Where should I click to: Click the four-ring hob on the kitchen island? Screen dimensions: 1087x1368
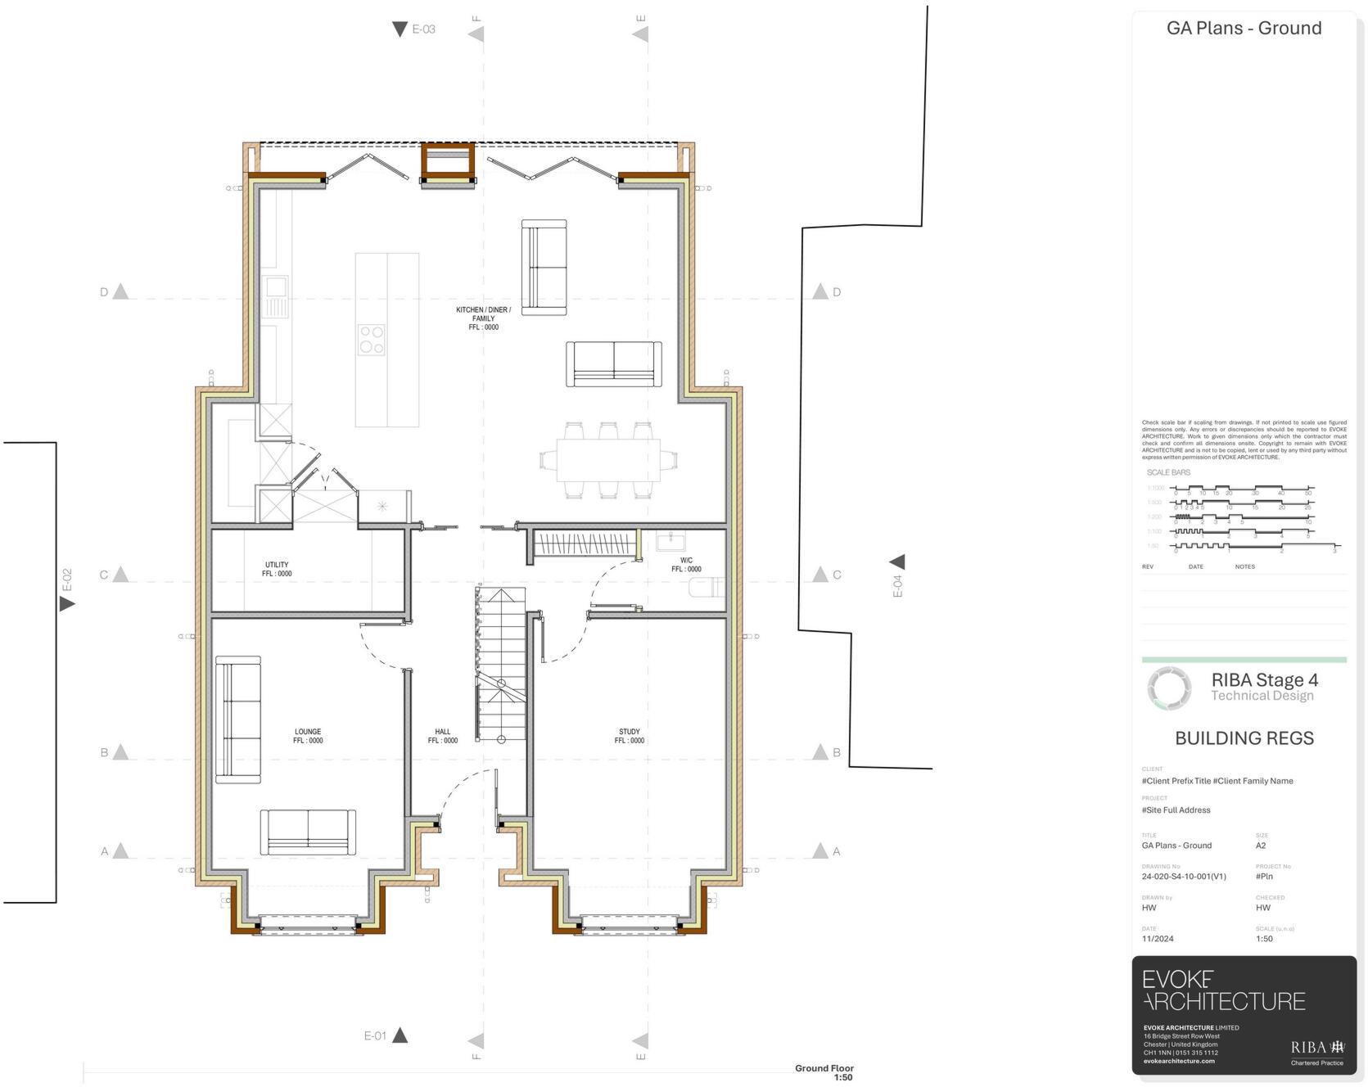(371, 340)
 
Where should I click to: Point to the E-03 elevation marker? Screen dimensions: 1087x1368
(414, 29)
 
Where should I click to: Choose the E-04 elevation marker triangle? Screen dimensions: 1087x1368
(897, 562)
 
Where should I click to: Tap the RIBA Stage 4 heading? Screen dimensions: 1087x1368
(1264, 680)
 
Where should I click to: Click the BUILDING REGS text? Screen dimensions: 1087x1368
(1244, 738)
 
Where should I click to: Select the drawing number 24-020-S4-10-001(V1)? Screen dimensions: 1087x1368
(1183, 877)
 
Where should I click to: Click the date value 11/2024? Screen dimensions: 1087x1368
(1158, 939)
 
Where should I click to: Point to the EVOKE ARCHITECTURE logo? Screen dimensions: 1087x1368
(1223, 991)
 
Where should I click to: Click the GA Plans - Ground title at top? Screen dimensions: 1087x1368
(1244, 29)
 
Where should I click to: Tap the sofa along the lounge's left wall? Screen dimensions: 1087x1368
(237, 719)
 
